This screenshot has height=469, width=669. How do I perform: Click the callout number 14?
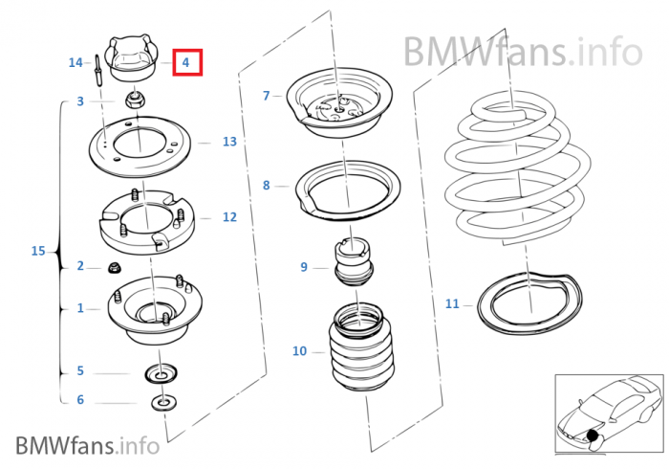pyautogui.click(x=76, y=62)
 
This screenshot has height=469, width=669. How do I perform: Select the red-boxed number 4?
pyautogui.click(x=186, y=63)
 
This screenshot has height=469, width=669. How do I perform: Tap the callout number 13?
pyautogui.click(x=229, y=142)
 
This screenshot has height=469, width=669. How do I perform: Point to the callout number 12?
pyautogui.click(x=229, y=217)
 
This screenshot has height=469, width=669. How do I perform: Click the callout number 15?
pyautogui.click(x=38, y=252)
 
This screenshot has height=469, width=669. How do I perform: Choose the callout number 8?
pyautogui.click(x=267, y=185)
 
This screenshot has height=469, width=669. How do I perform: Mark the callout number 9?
pyautogui.click(x=304, y=267)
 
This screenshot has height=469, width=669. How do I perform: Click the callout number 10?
pyautogui.click(x=299, y=351)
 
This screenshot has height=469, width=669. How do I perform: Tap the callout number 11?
pyautogui.click(x=452, y=304)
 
